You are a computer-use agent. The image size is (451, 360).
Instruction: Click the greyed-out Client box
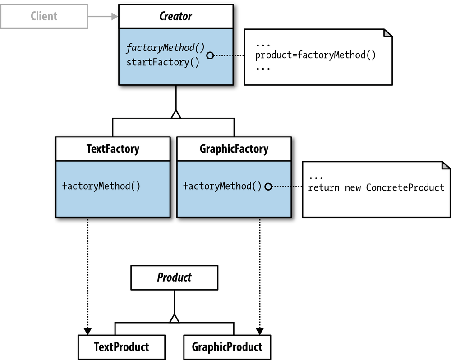coord(44,17)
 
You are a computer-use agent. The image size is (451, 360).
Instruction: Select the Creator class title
coord(176,17)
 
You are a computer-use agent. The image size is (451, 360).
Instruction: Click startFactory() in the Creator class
coord(163,63)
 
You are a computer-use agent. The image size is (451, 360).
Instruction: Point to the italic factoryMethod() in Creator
coord(166,48)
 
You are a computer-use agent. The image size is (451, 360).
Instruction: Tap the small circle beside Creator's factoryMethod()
coord(210,55)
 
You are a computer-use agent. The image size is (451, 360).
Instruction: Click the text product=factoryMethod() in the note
coord(315,55)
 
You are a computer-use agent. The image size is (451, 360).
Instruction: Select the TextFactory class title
coord(113,149)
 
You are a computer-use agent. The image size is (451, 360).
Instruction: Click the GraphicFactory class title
coord(234,149)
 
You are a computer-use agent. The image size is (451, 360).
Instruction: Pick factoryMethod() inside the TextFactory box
coord(101,186)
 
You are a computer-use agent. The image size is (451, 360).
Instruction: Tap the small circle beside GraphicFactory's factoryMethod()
coord(268,186)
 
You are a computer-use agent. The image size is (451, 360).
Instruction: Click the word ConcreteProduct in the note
coord(405,187)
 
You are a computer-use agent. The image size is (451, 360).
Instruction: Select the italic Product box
coord(174,278)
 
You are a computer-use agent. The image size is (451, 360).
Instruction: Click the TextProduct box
coord(121,347)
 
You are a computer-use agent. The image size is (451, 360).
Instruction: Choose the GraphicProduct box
coord(227,347)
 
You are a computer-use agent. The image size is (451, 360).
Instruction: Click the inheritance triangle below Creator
coord(176,114)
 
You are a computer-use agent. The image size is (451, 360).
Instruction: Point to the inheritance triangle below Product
coord(174,318)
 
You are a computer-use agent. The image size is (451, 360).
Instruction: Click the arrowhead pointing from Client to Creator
coord(114,17)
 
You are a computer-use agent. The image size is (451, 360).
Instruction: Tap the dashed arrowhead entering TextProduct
coord(88,331)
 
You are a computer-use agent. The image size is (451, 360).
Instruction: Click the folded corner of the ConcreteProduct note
coord(446,166)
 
